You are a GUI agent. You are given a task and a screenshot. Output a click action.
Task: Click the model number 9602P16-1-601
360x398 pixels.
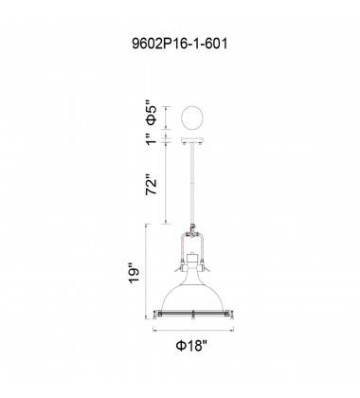coord(179,43)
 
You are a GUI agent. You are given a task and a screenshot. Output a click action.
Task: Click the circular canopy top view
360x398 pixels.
coord(192,118)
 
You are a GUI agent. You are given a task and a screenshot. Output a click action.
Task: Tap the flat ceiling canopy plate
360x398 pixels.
coord(192,141)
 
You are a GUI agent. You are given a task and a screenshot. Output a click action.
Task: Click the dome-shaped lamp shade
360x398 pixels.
coord(192,289)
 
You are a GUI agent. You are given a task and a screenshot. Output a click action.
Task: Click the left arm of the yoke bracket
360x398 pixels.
coord(179,244)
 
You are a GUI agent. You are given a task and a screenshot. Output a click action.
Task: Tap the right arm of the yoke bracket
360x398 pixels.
coord(206,244)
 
